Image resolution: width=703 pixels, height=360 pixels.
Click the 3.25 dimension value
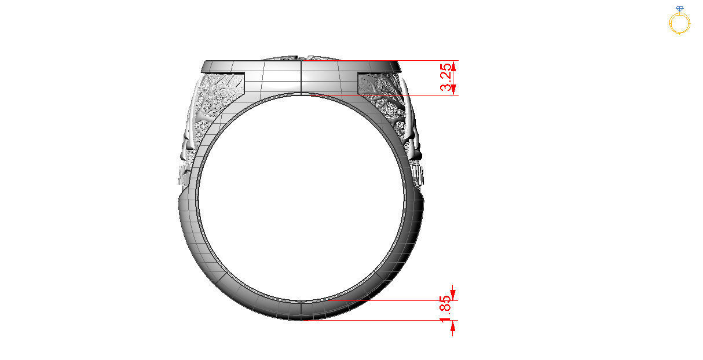click(446, 77)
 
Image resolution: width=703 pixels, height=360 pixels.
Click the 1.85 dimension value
click(446, 310)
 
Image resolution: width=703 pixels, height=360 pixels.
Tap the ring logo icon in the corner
click(679, 20)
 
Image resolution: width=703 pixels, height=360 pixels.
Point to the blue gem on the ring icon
click(679, 9)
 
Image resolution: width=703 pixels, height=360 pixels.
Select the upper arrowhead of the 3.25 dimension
click(453, 66)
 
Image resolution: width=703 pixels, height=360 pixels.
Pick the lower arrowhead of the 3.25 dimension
click(453, 89)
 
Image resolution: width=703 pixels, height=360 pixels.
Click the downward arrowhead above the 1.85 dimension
click(453, 295)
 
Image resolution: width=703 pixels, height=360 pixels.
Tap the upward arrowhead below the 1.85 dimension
click(453, 326)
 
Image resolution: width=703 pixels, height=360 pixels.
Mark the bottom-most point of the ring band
click(302, 320)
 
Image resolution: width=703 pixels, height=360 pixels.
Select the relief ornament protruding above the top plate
click(301, 58)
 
